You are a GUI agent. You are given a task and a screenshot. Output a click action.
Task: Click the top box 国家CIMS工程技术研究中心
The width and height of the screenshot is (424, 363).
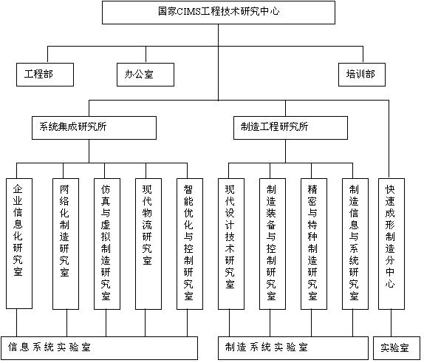point(219,13)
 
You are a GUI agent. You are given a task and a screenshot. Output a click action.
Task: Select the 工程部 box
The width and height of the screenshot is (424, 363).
point(45,75)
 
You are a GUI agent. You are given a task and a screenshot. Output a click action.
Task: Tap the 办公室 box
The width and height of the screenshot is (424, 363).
point(146,75)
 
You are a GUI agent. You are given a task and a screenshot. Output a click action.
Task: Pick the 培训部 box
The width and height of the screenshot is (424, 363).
point(362,75)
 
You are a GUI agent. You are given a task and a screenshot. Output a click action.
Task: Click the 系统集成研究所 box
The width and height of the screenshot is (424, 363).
point(94,128)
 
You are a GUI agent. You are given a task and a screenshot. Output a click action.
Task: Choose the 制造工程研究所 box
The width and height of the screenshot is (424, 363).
point(290,128)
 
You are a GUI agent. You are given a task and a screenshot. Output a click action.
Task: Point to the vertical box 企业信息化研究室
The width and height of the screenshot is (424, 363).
point(19,243)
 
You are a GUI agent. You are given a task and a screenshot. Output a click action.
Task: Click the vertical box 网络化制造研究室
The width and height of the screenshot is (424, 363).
point(66,244)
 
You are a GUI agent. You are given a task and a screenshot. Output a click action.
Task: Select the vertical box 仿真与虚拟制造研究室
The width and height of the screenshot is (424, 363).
point(107,244)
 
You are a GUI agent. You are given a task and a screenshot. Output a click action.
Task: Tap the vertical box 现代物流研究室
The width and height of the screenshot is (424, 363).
point(148,244)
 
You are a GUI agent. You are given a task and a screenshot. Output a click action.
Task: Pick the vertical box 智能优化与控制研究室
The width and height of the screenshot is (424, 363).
point(190,244)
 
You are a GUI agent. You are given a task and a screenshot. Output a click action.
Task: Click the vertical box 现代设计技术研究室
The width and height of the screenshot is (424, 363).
point(231,244)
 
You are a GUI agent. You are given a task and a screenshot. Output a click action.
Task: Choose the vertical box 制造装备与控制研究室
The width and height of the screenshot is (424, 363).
point(273,244)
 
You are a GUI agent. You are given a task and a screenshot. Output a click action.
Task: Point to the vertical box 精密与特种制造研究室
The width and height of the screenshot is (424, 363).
point(314,244)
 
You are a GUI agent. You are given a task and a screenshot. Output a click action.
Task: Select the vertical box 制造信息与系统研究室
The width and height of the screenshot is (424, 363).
point(355,244)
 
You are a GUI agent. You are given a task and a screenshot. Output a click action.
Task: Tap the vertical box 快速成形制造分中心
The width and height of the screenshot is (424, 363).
point(391,244)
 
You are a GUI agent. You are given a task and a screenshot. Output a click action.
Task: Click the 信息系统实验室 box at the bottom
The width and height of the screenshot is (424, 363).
point(99,348)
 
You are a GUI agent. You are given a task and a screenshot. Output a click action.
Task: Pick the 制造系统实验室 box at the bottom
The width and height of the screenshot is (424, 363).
point(293,348)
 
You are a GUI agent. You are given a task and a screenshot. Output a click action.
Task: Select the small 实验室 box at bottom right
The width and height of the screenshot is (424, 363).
point(396,348)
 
